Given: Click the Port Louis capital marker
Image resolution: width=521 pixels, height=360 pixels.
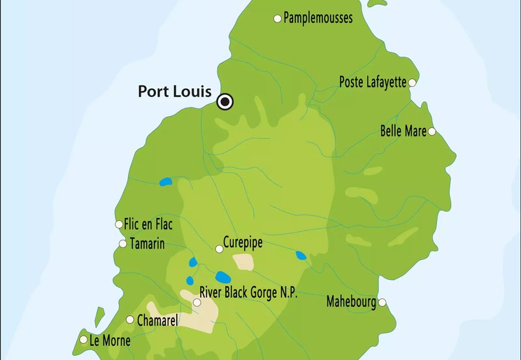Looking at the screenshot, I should point(224,102).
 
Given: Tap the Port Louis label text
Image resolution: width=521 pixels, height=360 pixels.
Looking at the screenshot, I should point(174,92).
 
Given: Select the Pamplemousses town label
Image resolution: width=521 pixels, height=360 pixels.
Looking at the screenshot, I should point(318,18).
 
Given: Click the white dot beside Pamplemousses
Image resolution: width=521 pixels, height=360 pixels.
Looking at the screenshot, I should point(278,18).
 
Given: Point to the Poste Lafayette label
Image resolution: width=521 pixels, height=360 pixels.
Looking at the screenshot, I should point(372,82).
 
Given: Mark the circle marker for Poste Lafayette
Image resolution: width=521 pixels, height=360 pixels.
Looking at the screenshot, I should point(412,82).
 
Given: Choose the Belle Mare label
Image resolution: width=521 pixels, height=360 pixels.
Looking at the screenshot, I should point(403,131).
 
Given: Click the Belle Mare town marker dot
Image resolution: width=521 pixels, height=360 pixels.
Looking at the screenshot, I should point(431,131).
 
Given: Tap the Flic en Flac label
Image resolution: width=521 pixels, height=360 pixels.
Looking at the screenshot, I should point(148,224).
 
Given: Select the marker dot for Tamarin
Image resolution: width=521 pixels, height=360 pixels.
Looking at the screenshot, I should point(122,244).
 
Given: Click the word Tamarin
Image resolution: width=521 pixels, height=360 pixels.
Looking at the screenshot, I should point(147,244).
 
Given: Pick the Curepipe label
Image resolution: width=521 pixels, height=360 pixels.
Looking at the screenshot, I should point(243,243).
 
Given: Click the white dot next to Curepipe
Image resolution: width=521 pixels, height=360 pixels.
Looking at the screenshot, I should point(219,249).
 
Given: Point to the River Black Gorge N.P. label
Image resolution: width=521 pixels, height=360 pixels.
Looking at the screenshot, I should point(248,293).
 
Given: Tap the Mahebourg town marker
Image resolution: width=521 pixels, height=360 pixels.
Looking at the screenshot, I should point(382,303).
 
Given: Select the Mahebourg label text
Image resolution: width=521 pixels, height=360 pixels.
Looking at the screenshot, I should point(351,302).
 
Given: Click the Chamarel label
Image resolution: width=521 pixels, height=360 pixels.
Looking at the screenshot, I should point(157,320).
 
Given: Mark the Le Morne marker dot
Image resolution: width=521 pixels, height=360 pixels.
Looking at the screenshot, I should point(83,340).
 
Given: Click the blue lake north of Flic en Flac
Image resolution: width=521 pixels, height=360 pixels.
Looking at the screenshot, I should point(166,182).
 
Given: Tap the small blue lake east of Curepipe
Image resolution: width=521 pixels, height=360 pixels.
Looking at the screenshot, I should point(301,255).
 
